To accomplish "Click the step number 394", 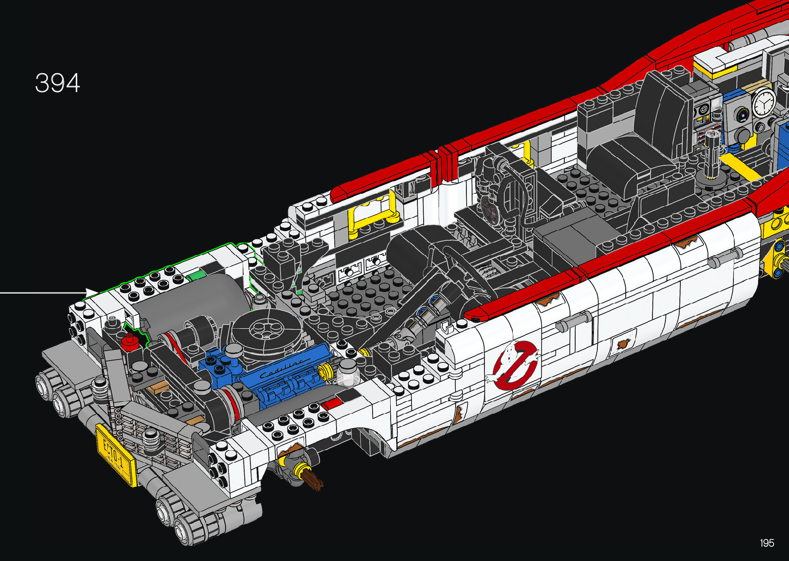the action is tap(57, 83).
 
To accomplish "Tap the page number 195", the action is tap(767, 542).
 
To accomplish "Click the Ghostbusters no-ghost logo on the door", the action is tap(514, 365).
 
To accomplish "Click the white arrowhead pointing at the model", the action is tap(91, 292).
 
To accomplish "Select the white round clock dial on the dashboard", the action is tap(764, 102).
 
